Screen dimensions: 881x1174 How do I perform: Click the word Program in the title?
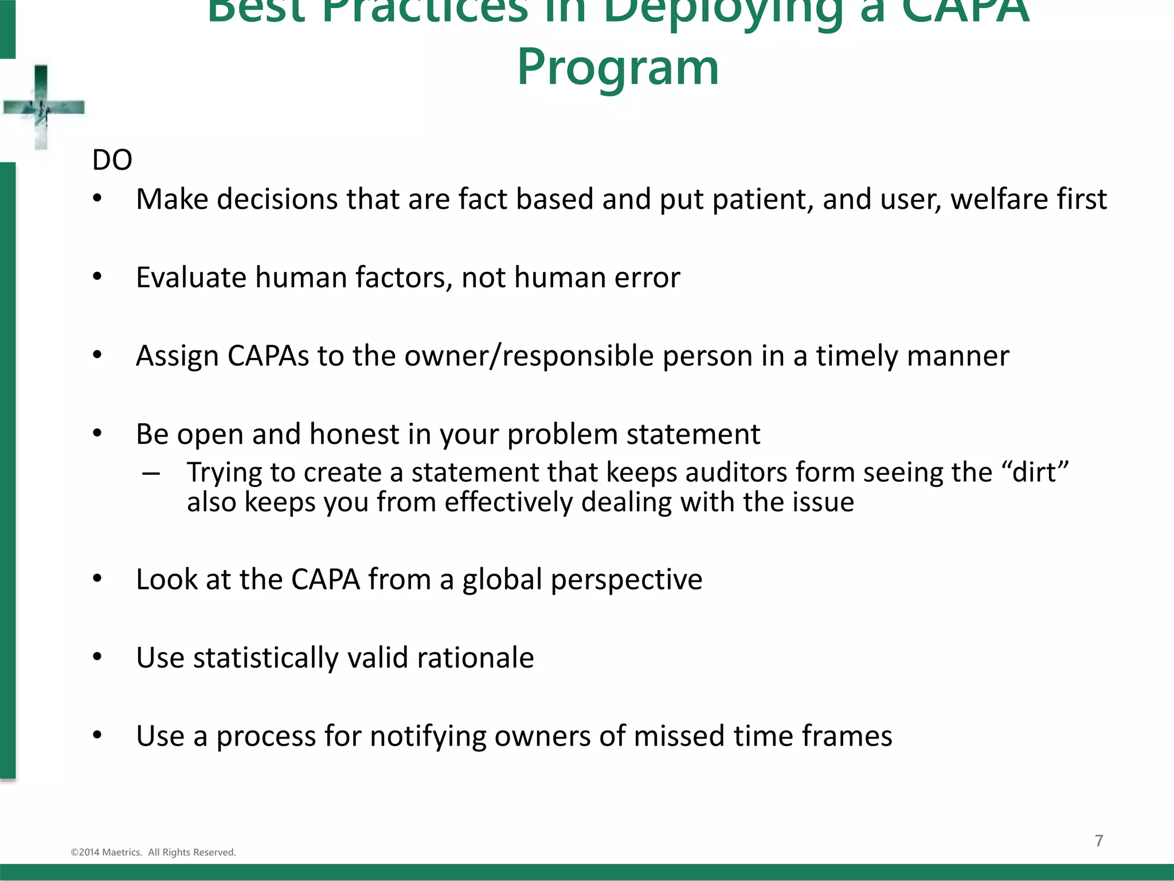pyautogui.click(x=617, y=68)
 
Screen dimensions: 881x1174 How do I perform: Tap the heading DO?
pyautogui.click(x=112, y=160)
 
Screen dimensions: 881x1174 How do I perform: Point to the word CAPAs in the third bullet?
pyautogui.click(x=268, y=356)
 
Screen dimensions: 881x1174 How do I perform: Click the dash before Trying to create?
pyautogui.click(x=151, y=474)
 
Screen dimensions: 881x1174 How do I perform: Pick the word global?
pyautogui.click(x=502, y=579)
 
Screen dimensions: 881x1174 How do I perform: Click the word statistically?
pyautogui.click(x=266, y=658)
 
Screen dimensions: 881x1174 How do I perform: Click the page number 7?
pyautogui.click(x=1099, y=841)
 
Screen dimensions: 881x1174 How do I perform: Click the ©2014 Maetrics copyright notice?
pyautogui.click(x=153, y=852)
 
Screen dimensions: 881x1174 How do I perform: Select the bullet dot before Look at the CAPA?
pyautogui.click(x=97, y=579)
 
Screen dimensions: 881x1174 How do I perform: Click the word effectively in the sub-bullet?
pyautogui.click(x=508, y=502)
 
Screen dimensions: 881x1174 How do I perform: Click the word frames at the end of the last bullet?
pyautogui.click(x=847, y=736)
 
